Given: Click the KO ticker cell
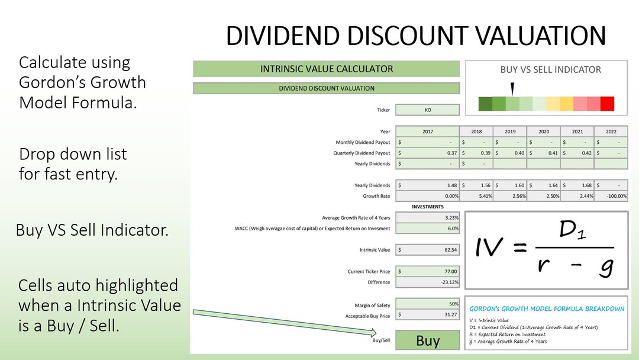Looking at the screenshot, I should [x=427, y=110].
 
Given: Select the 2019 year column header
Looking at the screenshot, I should [x=509, y=131].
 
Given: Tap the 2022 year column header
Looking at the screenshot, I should [x=611, y=131].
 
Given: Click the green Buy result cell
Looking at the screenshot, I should [x=427, y=340].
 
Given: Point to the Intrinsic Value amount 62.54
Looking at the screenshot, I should [x=427, y=250].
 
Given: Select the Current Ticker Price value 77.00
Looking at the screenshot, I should [x=427, y=272].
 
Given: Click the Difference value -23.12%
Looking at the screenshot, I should [x=427, y=282].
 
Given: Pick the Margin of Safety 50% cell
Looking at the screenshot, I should [x=427, y=304].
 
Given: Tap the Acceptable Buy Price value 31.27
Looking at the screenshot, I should [x=427, y=315].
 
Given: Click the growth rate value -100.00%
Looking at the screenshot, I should [x=611, y=196].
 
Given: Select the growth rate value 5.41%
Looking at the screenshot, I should [x=476, y=196].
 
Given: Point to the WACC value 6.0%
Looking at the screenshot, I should [x=427, y=229].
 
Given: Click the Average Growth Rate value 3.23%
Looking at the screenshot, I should [x=427, y=218].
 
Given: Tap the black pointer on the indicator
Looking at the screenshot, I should [x=512, y=89].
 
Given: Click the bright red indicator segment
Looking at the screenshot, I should [x=607, y=104].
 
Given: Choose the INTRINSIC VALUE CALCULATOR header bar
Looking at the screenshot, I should [x=326, y=69].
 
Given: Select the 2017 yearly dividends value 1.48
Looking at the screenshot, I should [x=427, y=185].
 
